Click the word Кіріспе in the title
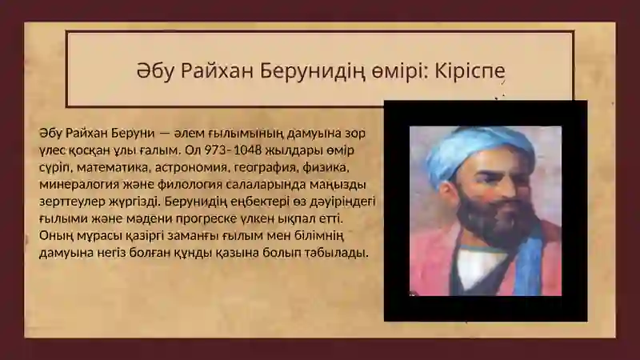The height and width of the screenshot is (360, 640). tap(470, 71)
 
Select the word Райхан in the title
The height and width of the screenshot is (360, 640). tap(217, 72)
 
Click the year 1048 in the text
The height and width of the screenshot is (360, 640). tap(248, 150)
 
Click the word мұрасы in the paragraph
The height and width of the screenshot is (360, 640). tap(90, 236)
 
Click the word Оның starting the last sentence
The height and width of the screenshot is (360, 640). tap(51, 236)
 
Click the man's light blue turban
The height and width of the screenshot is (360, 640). tap(474, 151)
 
